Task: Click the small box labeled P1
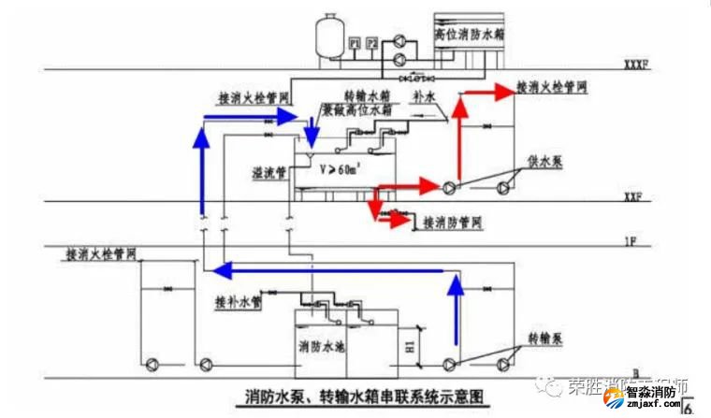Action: (355, 43)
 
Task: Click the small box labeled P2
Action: (372, 43)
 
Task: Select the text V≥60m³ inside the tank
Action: (339, 170)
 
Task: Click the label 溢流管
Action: (268, 173)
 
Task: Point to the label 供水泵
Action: (544, 160)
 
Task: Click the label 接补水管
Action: (238, 302)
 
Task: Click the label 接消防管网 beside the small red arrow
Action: (452, 223)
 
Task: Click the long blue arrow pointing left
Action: (327, 271)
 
